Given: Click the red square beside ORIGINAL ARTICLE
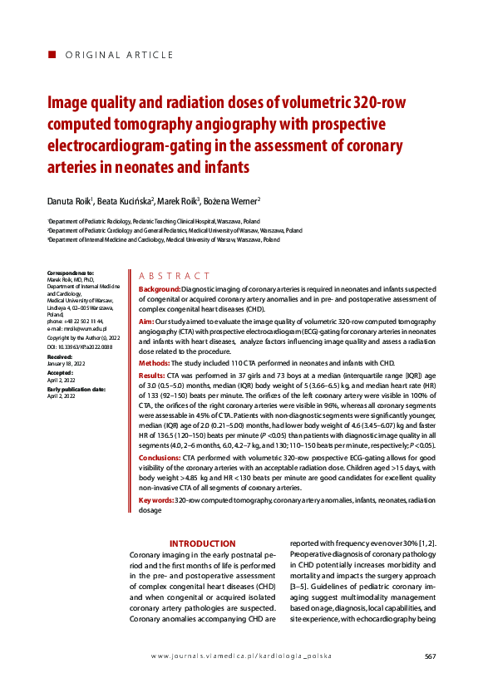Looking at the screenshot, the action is (52, 54).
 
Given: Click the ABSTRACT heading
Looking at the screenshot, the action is (175, 276).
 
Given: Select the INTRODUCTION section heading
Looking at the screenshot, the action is (203, 543).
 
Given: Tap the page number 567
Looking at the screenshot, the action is (430, 656).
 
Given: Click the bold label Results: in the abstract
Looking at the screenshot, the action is (152, 376).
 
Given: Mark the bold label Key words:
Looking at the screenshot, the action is (156, 500).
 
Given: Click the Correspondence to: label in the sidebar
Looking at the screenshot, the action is (71, 273).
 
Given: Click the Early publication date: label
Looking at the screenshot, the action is (76, 389).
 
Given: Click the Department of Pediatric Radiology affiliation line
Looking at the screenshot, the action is (154, 221).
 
